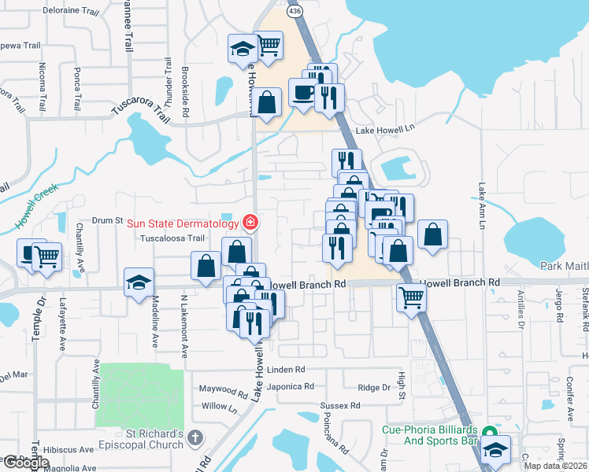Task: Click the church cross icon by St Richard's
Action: pos(195,436)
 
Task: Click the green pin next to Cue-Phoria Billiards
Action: pos(489,433)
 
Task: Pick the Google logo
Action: pos(25,463)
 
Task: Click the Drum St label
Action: pos(109,221)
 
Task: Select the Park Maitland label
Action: pos(564,267)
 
